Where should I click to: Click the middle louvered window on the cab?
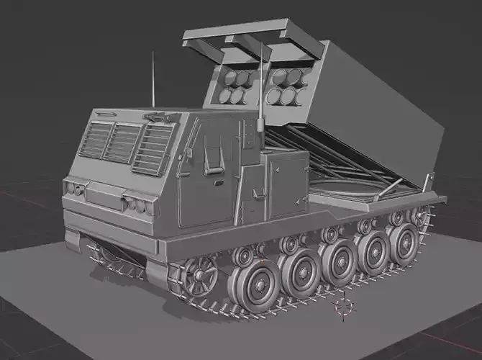coord(123,143)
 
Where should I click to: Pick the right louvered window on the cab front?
coord(153,149)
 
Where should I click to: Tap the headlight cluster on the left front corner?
coord(73,189)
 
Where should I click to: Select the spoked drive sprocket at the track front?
coord(200,274)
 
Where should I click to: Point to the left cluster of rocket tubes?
coord(238,84)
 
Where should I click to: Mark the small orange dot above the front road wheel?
coord(263,258)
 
